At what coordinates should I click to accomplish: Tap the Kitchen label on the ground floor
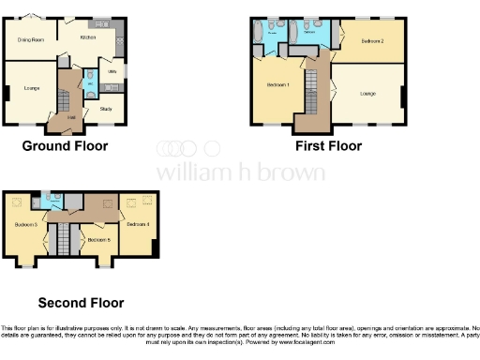click(x=88, y=37)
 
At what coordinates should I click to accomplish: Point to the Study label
click(x=105, y=109)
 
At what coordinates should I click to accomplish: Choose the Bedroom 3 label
click(x=24, y=225)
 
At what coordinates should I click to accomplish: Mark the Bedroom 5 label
click(x=97, y=240)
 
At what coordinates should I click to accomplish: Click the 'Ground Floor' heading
click(x=65, y=146)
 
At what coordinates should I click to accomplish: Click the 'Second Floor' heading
click(x=81, y=303)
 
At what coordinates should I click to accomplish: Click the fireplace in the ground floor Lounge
click(x=7, y=92)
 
